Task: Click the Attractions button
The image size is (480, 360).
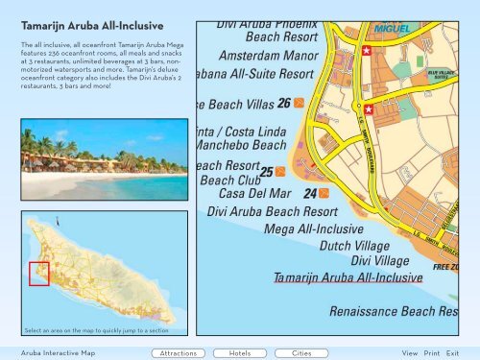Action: pos(179,353)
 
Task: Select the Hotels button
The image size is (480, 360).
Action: pos(241,353)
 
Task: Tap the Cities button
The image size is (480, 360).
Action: pos(300,353)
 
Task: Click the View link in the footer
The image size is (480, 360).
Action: pos(410,353)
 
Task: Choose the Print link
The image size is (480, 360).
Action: pos(432,353)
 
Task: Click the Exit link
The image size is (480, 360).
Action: pos(452,353)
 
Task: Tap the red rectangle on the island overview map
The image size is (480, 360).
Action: pos(38,274)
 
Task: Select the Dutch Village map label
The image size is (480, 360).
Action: pos(354,246)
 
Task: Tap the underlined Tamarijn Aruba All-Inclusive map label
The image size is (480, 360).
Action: pos(348,277)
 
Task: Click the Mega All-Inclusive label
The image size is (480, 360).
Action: pos(313,229)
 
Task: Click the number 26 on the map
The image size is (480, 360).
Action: pos(283,104)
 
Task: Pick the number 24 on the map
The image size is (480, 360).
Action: pos(310,194)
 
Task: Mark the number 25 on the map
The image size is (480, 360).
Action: pos(267,172)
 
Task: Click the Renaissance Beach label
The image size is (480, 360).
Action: pos(393,312)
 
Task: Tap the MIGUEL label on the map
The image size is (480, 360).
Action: pos(391,29)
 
